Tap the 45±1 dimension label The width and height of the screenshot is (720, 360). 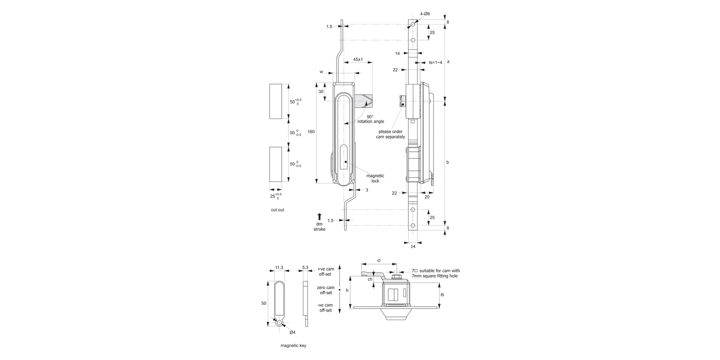358,60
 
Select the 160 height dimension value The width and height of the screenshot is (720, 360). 311,132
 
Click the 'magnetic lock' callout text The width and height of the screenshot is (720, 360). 372,178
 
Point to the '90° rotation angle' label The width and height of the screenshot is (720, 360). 371,119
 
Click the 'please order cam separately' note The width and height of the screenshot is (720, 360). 390,134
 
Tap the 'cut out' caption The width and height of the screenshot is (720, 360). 277,210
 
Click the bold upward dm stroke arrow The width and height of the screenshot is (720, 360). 320,216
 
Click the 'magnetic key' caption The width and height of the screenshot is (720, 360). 293,346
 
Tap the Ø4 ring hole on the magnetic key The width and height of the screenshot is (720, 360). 279,324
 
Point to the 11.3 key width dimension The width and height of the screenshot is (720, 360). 279,268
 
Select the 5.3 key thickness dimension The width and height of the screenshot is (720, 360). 305,268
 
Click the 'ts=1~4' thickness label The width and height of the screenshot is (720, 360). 435,62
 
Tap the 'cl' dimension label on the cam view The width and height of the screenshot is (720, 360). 379,260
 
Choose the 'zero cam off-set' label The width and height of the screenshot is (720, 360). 326,290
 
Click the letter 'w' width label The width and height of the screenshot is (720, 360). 321,72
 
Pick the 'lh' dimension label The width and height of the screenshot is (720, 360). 442,294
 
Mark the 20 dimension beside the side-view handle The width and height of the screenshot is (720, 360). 427,196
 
